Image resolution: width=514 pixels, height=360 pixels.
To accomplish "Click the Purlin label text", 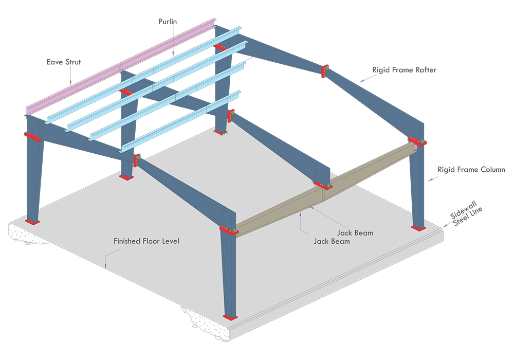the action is tap(168, 22).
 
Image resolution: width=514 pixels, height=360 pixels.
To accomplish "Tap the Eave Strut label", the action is tap(64, 62).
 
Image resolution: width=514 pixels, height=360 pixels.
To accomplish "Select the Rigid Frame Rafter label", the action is tap(404, 70).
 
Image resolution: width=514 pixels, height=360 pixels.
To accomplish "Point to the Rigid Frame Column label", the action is tap(471, 170).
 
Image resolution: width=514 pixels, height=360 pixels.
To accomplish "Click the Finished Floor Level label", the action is tap(146, 241).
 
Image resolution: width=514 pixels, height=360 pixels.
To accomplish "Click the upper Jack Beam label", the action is tap(355, 233).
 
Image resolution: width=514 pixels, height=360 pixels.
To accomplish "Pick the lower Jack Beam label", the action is tap(332, 241).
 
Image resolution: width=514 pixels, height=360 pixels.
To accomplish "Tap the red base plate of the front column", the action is tap(230, 317).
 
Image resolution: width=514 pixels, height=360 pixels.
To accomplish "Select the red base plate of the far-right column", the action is tap(418, 228).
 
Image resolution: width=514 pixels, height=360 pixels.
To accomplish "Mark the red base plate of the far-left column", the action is tap(32, 222).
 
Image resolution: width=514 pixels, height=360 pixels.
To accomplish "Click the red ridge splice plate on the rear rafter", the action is tap(325, 71).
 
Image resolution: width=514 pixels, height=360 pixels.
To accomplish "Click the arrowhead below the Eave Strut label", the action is tap(70, 83).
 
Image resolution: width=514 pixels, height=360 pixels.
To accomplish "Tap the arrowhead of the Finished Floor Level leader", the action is tap(105, 266).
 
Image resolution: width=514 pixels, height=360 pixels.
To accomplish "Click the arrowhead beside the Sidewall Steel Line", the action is tap(445, 226).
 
